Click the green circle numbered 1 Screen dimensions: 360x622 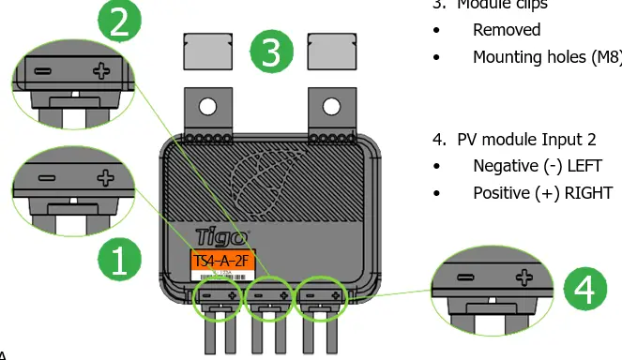pyautogui.click(x=120, y=259)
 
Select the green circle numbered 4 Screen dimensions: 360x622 pyautogui.click(x=584, y=292)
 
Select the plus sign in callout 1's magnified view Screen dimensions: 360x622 pyautogui.click(x=104, y=177)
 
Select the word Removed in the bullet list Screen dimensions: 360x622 pyautogui.click(x=507, y=30)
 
